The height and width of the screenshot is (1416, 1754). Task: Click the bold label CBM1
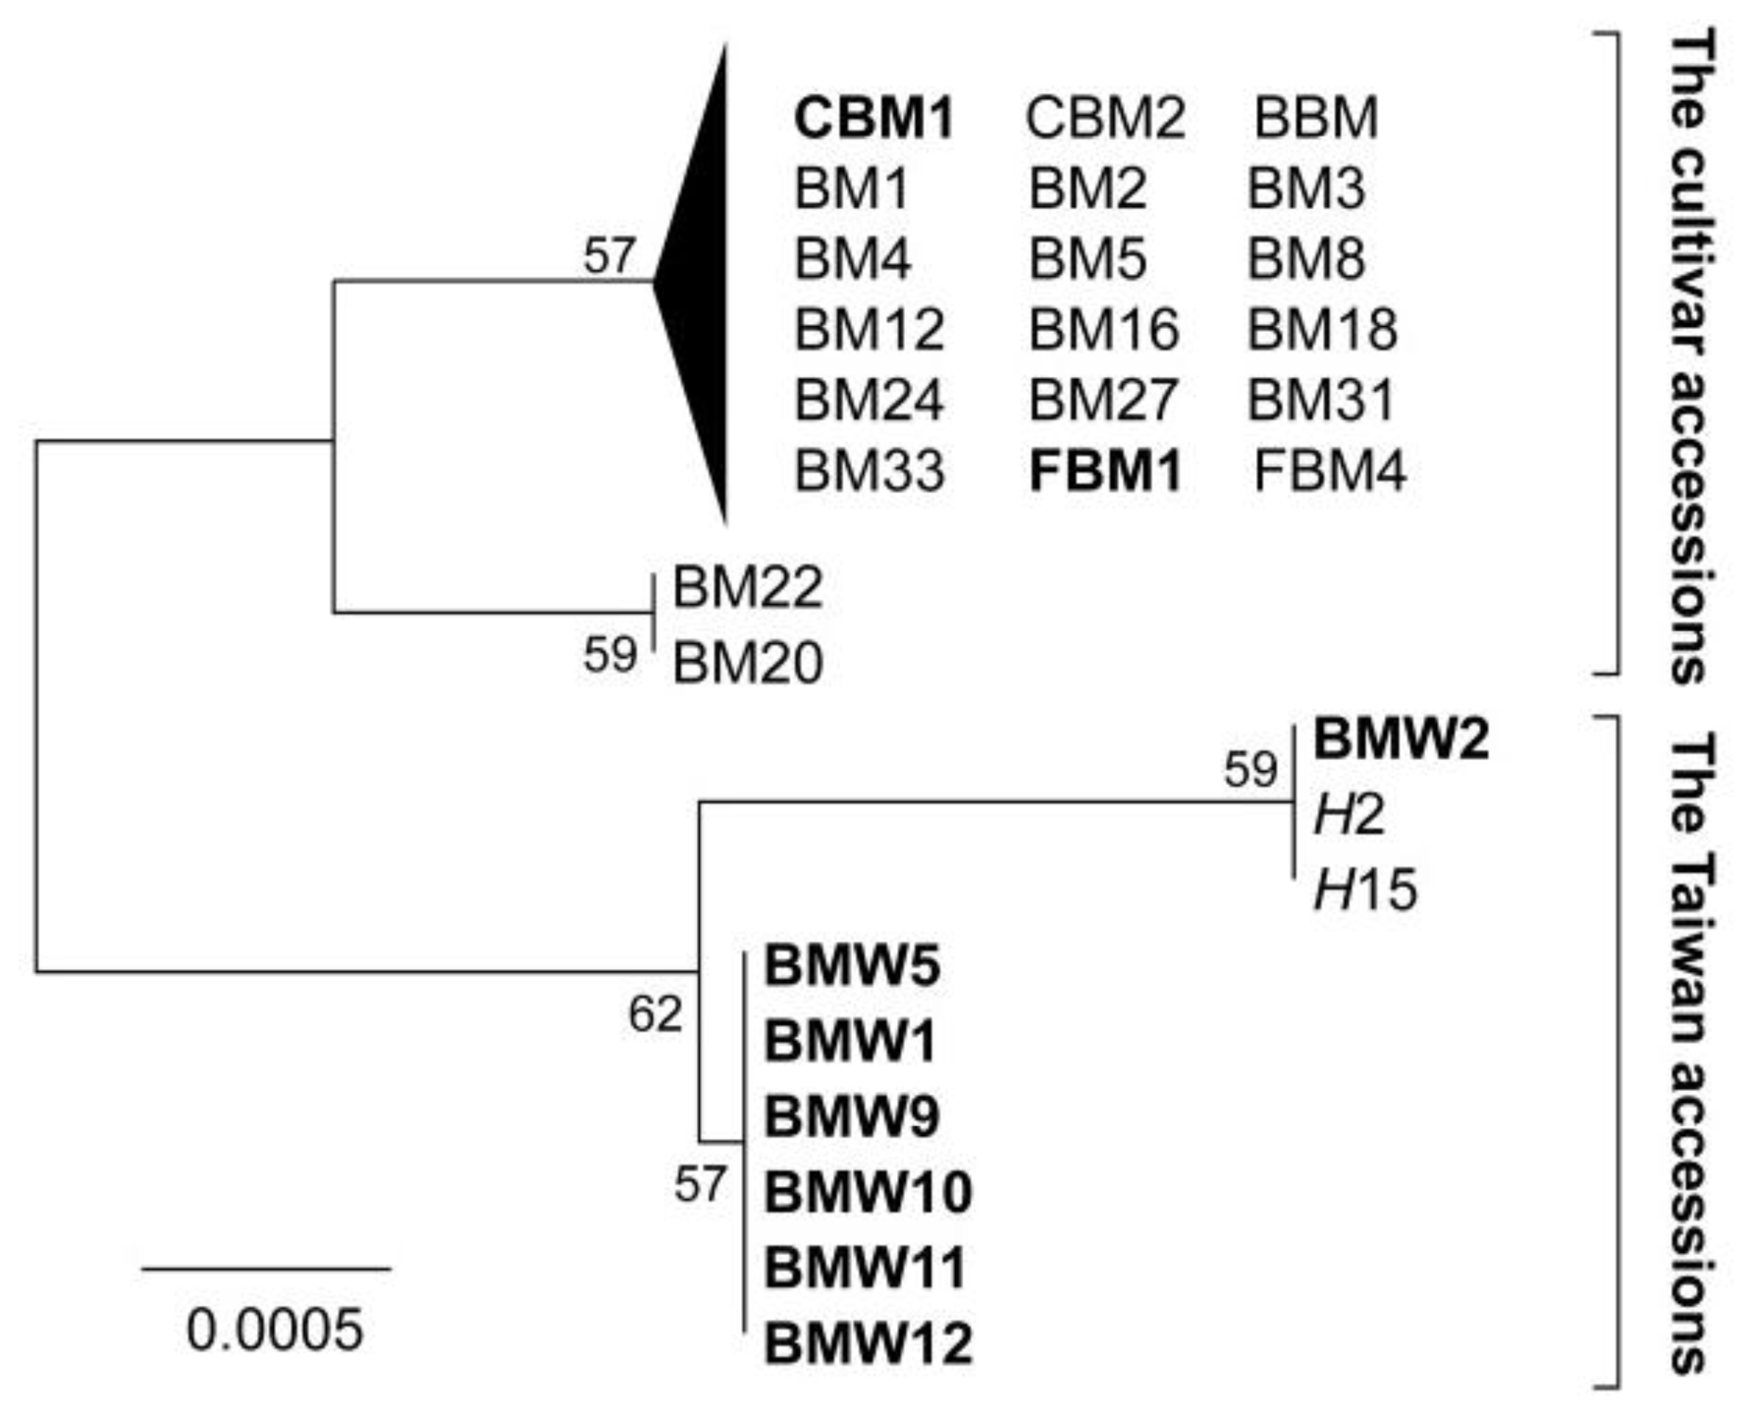(x=874, y=118)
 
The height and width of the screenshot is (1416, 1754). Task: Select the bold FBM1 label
(x=1105, y=470)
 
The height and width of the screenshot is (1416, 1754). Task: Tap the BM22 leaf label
(x=747, y=588)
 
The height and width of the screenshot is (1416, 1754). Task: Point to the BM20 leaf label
(x=747, y=663)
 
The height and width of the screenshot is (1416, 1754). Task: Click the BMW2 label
(x=1401, y=739)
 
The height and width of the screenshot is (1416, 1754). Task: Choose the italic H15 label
(x=1365, y=892)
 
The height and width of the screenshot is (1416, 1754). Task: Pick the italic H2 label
(x=1350, y=816)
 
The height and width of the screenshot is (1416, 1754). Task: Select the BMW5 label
(x=852, y=965)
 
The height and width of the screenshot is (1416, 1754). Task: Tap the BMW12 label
(x=868, y=1343)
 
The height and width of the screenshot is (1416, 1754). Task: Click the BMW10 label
(x=868, y=1192)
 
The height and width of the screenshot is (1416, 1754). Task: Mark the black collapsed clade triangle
(x=701, y=285)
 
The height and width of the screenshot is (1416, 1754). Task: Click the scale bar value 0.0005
(x=275, y=1331)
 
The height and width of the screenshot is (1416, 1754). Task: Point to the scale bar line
(x=266, y=1269)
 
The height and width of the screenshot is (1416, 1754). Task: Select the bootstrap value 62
(x=655, y=1014)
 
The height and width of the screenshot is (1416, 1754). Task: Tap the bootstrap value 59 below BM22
(x=610, y=655)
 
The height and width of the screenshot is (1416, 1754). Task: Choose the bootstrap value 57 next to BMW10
(x=700, y=1185)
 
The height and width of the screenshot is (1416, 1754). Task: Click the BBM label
(x=1315, y=118)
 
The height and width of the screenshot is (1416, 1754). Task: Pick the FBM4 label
(x=1330, y=470)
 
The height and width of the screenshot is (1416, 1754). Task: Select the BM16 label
(x=1103, y=329)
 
